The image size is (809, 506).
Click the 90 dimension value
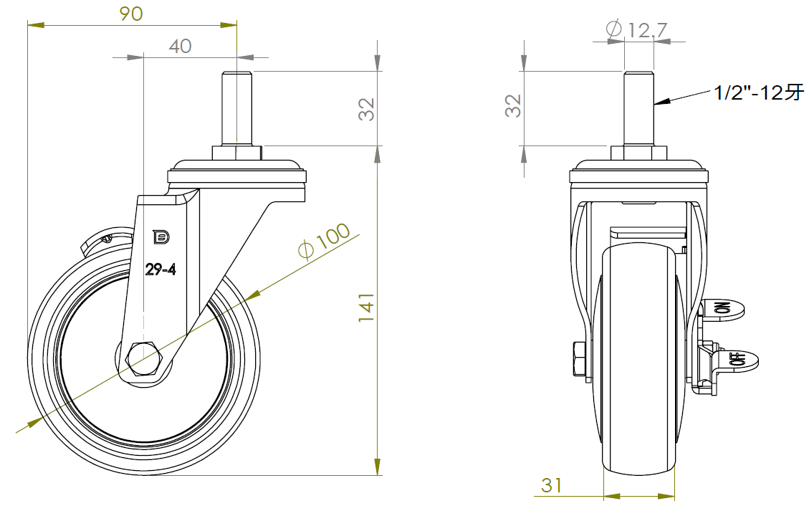pos(131,14)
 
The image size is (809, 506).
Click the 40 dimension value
pos(180,47)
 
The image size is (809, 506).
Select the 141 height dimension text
pos(366,308)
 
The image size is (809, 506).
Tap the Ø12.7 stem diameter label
pos(636,29)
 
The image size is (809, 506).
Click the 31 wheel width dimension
pos(552,484)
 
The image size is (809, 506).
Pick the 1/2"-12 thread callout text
pos(759,92)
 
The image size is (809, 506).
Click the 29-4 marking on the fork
pos(161,269)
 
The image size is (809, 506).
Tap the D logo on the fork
pos(161,237)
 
